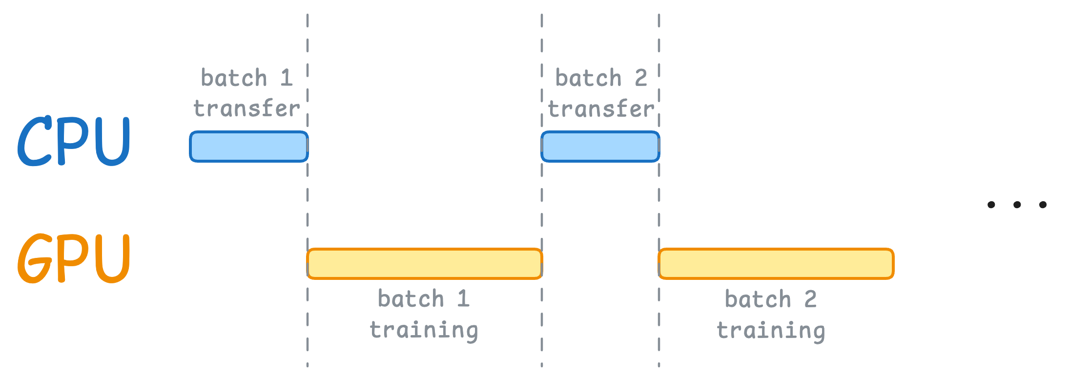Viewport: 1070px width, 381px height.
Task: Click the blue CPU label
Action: pyautogui.click(x=73, y=141)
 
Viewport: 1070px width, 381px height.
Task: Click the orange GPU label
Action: pyautogui.click(x=73, y=258)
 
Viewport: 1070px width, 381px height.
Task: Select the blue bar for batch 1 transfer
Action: pyautogui.click(x=249, y=147)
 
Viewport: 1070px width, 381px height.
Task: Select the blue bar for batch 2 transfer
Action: pyautogui.click(x=600, y=147)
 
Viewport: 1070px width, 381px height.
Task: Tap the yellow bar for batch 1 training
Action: pyautogui.click(x=425, y=264)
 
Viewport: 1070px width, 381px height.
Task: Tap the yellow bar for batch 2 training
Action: pyautogui.click(x=776, y=264)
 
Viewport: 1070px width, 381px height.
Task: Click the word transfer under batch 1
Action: pyautogui.click(x=247, y=108)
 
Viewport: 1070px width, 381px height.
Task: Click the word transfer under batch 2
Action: pyautogui.click(x=601, y=108)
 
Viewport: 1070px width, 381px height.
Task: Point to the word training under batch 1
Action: pyautogui.click(x=424, y=330)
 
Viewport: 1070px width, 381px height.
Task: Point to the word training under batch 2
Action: pyautogui.click(x=771, y=330)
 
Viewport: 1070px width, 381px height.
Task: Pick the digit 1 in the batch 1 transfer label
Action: pyautogui.click(x=287, y=78)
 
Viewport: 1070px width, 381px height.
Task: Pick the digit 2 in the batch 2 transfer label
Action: pyautogui.click(x=641, y=78)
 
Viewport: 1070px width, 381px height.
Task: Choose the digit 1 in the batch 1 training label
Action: pyautogui.click(x=464, y=298)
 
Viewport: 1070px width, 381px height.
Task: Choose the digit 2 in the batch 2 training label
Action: pyautogui.click(x=810, y=298)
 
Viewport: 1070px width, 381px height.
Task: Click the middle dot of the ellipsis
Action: pyautogui.click(x=1017, y=205)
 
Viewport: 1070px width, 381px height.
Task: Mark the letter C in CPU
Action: pyautogui.click(x=35, y=141)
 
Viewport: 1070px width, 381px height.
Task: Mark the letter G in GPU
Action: pyautogui.click(x=34, y=258)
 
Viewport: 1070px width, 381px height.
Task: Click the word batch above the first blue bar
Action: pyautogui.click(x=234, y=78)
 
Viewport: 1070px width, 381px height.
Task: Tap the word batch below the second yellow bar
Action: pyautogui.click(x=758, y=298)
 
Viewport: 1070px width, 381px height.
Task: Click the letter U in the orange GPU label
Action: pyautogui.click(x=113, y=259)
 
